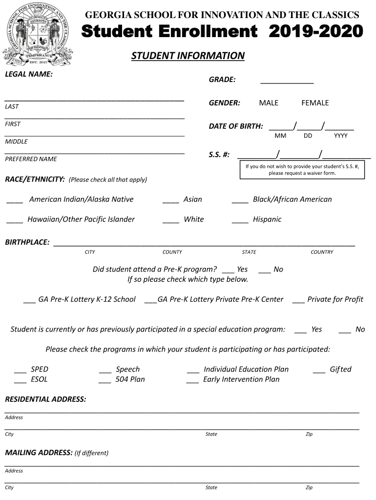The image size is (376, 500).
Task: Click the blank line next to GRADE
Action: [287, 81]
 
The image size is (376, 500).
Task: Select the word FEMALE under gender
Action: [315, 103]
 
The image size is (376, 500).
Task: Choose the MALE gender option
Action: [269, 103]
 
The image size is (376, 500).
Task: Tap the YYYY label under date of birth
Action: [340, 136]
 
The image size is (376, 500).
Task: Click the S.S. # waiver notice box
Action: [302, 170]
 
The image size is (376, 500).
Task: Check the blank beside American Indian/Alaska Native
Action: [15, 200]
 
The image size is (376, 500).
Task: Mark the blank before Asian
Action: [170, 200]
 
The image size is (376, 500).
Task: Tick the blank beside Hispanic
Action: [240, 220]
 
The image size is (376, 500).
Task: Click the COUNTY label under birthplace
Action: [172, 252]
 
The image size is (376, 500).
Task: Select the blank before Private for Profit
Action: [298, 300]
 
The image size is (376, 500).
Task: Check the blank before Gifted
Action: [319, 370]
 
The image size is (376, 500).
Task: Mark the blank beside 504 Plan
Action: [104, 380]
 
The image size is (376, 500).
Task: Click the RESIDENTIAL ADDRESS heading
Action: [45, 399]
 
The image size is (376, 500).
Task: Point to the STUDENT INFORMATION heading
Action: [188, 56]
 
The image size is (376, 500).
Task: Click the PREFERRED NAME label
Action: [31, 159]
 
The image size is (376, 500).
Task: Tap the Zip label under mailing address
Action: [309, 487]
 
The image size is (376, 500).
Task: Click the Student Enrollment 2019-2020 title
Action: [222, 32]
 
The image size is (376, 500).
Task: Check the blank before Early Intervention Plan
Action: [192, 380]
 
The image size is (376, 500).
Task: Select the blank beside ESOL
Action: [20, 380]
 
